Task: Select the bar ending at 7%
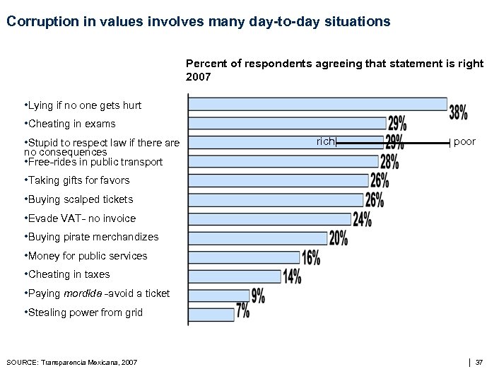211,314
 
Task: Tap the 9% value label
257,296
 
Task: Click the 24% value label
362,219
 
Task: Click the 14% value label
292,276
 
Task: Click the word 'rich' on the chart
326,142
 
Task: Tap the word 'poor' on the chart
464,142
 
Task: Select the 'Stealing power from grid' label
83,312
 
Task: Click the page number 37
479,363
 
